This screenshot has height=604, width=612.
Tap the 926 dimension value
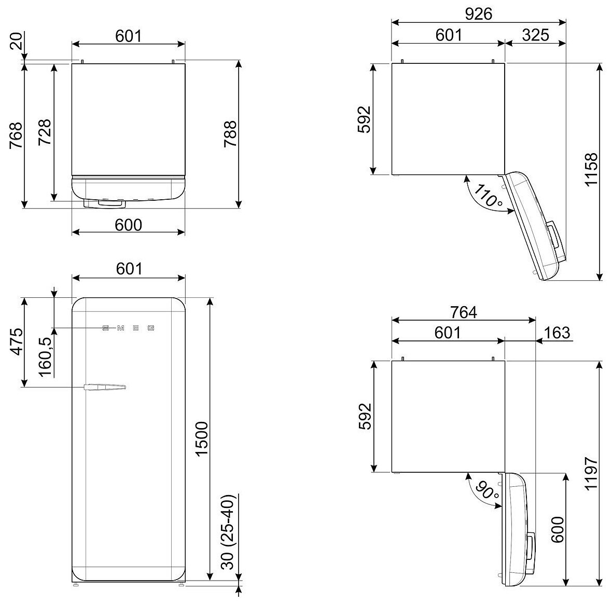click(x=478, y=14)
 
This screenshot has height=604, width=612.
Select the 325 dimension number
click(x=535, y=35)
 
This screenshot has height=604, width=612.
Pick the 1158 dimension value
click(x=590, y=170)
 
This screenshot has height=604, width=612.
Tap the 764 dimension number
click(x=463, y=312)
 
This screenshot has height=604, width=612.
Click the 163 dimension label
click(x=557, y=332)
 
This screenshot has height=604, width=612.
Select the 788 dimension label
click(x=230, y=134)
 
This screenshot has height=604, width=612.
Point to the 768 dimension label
click(x=16, y=135)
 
